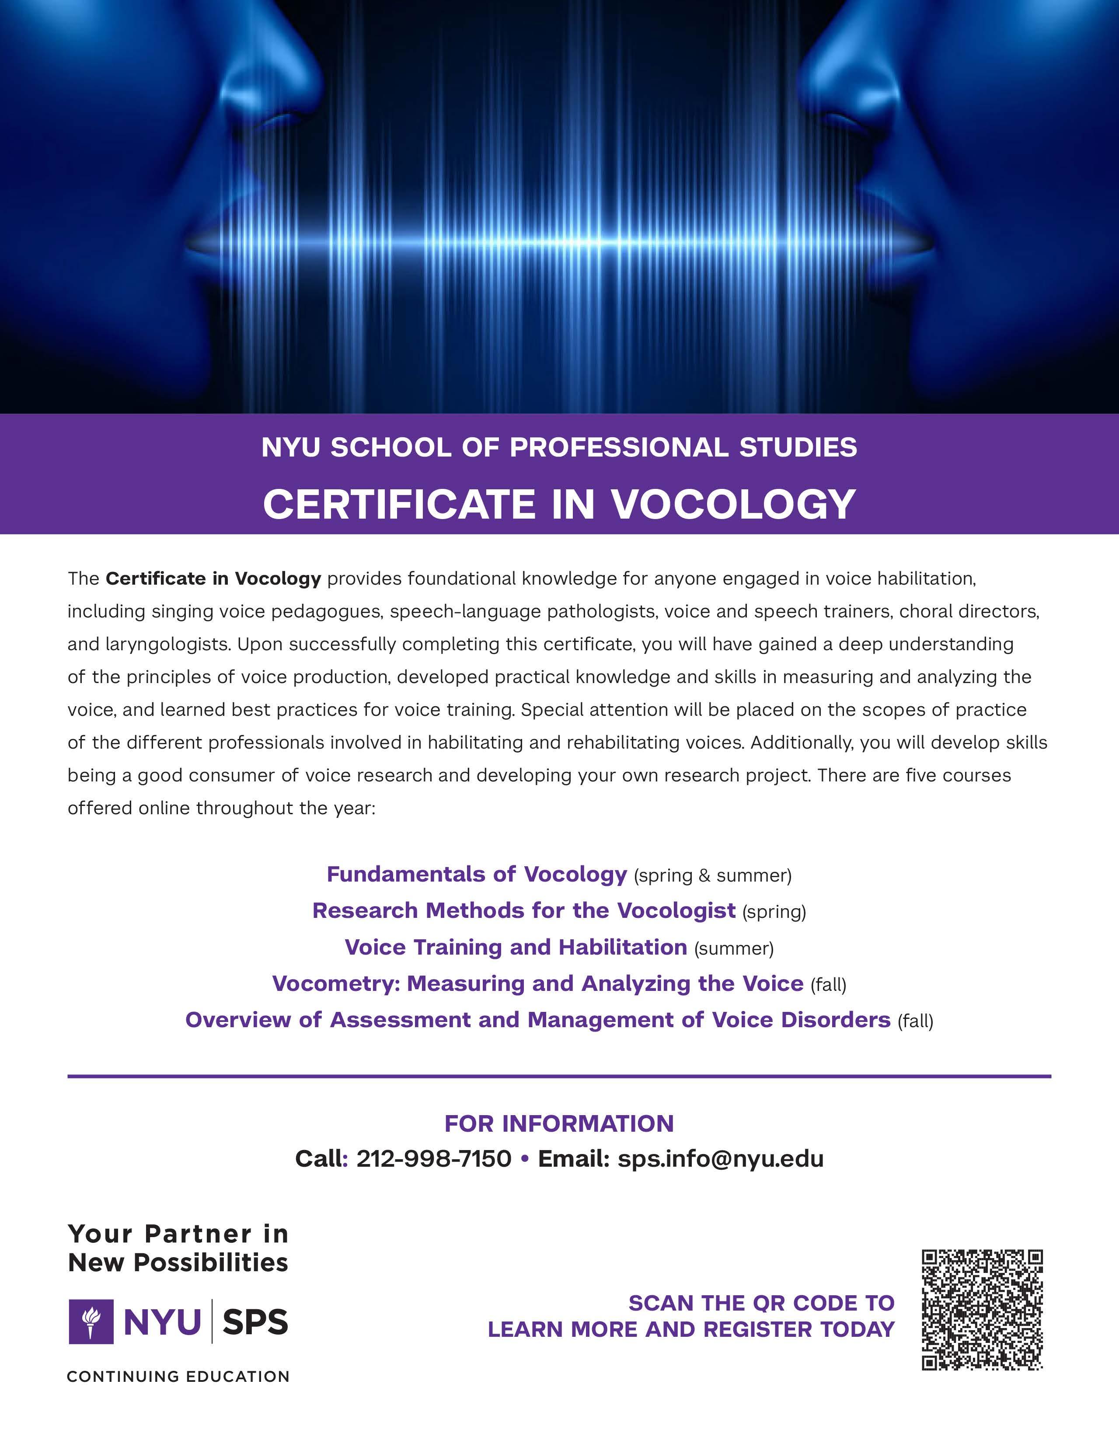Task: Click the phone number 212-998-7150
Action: (434, 1159)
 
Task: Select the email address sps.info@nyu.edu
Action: (720, 1159)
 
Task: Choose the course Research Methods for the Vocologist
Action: (523, 910)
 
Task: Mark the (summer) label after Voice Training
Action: (733, 949)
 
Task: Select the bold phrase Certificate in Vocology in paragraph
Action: (213, 579)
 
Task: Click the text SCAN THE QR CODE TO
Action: (761, 1303)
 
